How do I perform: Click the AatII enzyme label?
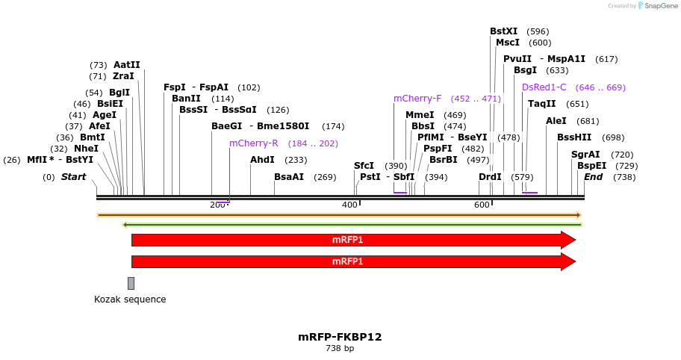pyautogui.click(x=126, y=65)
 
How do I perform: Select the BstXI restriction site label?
pyautogui.click(x=503, y=31)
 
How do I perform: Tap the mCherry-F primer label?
pyautogui.click(x=417, y=99)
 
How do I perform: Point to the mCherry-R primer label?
pyautogui.click(x=253, y=143)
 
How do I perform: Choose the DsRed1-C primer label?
pyautogui.click(x=544, y=87)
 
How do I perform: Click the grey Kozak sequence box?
pyautogui.click(x=131, y=283)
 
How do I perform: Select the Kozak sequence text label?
pyautogui.click(x=130, y=300)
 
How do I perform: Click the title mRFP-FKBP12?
pyautogui.click(x=340, y=337)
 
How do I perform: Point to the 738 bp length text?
pyautogui.click(x=340, y=349)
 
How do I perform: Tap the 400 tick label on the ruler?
pyautogui.click(x=349, y=205)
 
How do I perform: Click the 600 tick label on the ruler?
pyautogui.click(x=482, y=205)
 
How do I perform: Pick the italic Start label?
pyautogui.click(x=73, y=177)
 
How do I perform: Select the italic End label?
pyautogui.click(x=593, y=177)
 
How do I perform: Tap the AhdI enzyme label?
pyautogui.click(x=262, y=160)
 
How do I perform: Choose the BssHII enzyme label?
pyautogui.click(x=573, y=137)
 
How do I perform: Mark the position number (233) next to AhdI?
pyautogui.click(x=296, y=160)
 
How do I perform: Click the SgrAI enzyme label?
pyautogui.click(x=585, y=155)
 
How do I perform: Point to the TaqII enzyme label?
pyautogui.click(x=541, y=104)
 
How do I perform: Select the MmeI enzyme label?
pyautogui.click(x=419, y=115)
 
